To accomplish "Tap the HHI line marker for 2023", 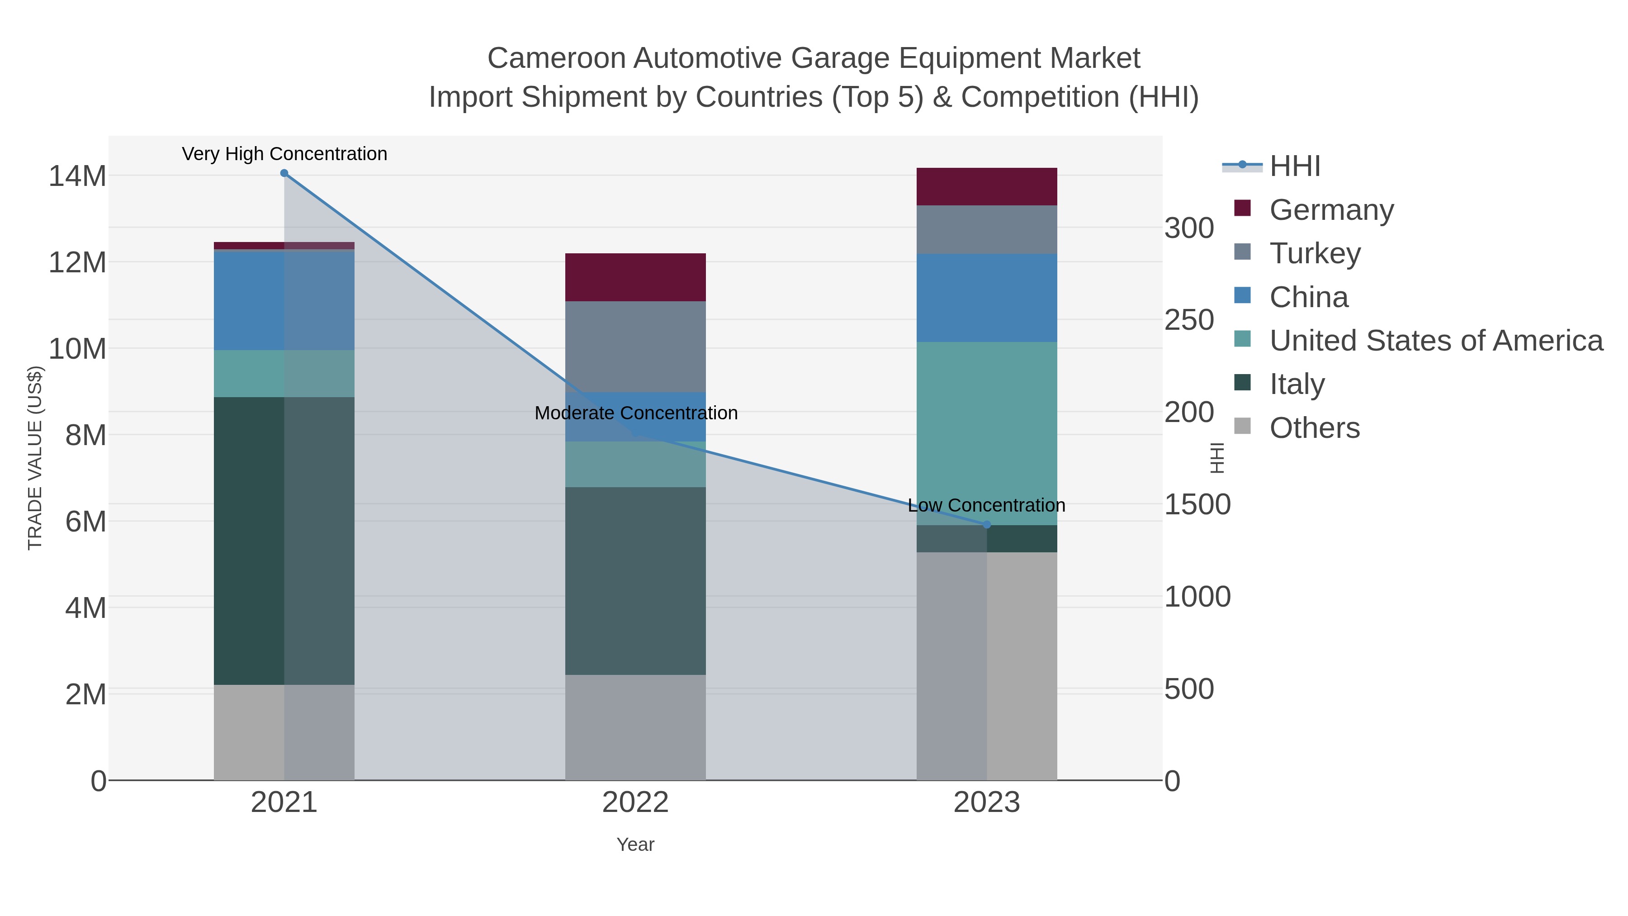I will coord(987,525).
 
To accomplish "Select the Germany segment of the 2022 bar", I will coord(635,277).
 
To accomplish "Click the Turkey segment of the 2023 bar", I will coord(987,229).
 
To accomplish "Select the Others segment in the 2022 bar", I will coord(635,727).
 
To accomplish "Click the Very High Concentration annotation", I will coord(284,154).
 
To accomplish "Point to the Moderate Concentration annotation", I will coord(636,413).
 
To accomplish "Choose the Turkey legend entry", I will coord(1315,253).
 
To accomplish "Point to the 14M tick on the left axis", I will coord(77,176).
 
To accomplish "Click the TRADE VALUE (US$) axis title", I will coord(35,458).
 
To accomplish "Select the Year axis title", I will coord(635,845).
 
